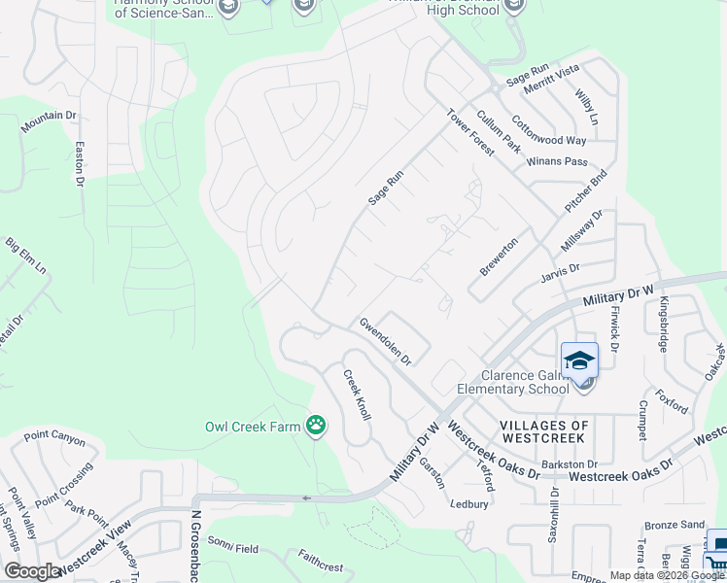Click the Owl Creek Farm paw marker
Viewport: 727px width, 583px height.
pos(316,425)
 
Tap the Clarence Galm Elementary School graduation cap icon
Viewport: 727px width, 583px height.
pos(579,360)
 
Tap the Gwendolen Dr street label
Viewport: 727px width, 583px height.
pos(386,341)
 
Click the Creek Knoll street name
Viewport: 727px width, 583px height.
pos(356,394)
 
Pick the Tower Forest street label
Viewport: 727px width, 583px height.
pos(470,131)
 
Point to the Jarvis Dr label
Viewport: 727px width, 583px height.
pos(560,273)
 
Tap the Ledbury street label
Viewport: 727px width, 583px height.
pos(468,504)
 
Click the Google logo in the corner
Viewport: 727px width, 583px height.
pos(32,571)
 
